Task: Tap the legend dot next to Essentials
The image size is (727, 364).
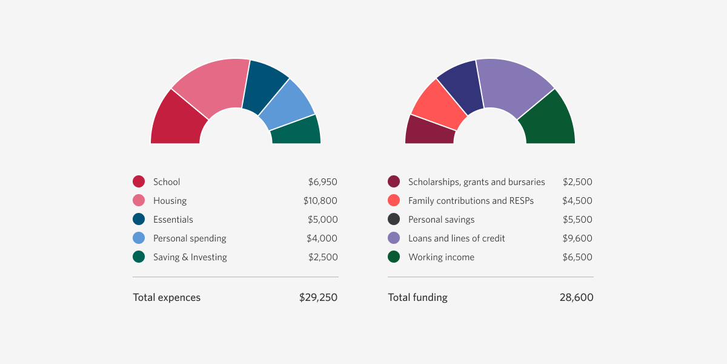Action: [x=139, y=220]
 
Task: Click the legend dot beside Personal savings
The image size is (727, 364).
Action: [x=394, y=220]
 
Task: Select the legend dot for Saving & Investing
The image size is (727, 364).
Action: [x=139, y=257]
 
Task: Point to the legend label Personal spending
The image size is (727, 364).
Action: [x=190, y=238]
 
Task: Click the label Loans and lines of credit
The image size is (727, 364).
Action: [x=456, y=238]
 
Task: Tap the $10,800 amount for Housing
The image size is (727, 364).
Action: [x=320, y=201]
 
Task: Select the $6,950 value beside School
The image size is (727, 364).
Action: [x=322, y=182]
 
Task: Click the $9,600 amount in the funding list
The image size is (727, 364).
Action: [x=577, y=238]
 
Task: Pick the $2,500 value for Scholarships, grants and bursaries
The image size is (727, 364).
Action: [x=577, y=182]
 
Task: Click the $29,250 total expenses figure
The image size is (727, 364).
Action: [x=318, y=298]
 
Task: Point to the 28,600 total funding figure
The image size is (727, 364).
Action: [x=576, y=298]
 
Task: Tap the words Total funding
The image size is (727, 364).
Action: [x=417, y=298]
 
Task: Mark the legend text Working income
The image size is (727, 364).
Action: [x=441, y=257]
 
